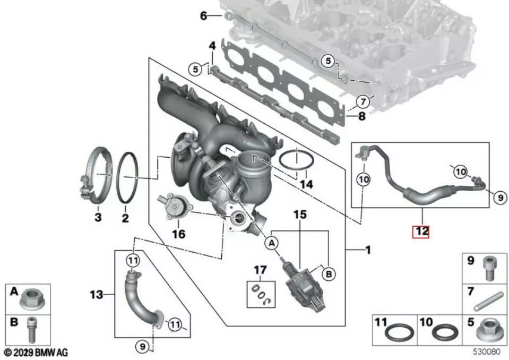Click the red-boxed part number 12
[x=422, y=232]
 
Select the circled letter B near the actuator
[x=329, y=274]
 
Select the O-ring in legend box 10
[x=443, y=333]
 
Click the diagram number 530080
[x=487, y=352]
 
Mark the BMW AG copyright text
[x=37, y=352]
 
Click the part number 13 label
[x=98, y=294]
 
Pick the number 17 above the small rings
[x=260, y=271]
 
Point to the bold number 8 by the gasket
[x=361, y=116]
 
